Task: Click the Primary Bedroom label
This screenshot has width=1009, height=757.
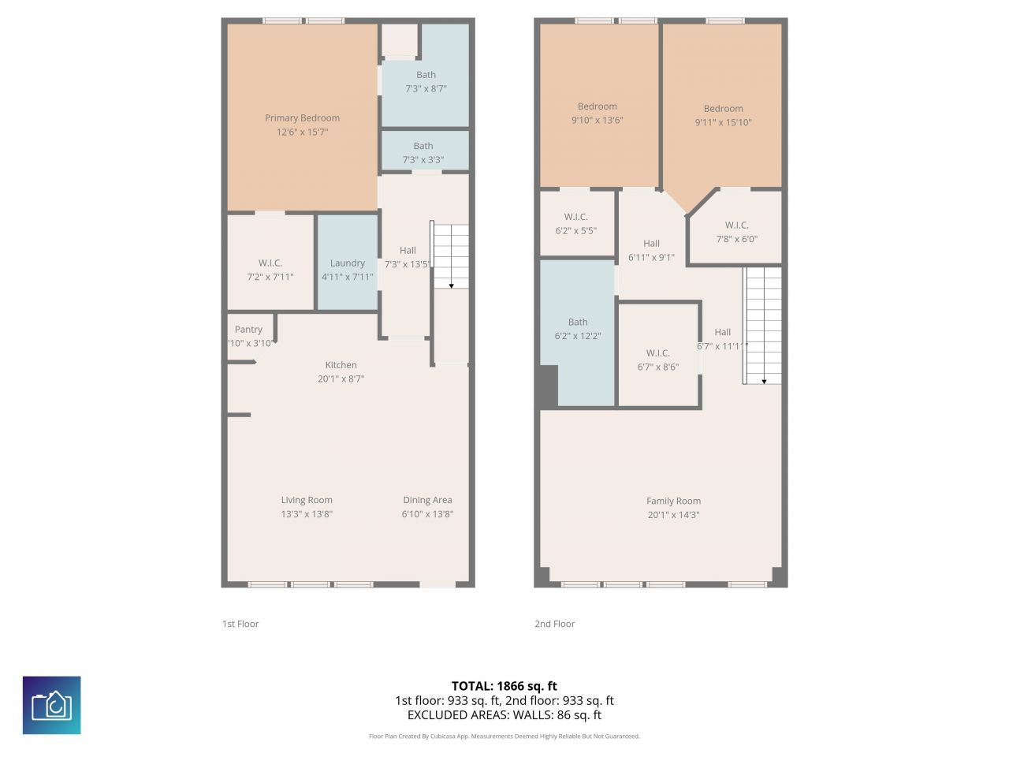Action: point(302,118)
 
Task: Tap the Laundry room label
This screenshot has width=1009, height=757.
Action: point(347,263)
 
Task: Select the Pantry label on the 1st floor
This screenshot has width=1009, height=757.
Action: point(248,330)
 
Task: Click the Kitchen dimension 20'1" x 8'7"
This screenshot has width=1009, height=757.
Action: point(341,378)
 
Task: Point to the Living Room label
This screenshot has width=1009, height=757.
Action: point(307,500)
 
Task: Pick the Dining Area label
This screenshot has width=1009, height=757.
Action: point(427,500)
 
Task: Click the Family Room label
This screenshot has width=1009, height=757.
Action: point(673,501)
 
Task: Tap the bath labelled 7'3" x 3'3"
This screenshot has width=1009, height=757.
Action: point(423,153)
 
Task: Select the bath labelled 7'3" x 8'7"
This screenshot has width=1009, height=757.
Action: point(426,82)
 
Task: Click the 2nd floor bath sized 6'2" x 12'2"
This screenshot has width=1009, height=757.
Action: point(578,329)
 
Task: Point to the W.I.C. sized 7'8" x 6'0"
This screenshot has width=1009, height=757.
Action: point(736,232)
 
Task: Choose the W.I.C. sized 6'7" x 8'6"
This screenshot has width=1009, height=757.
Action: point(657,360)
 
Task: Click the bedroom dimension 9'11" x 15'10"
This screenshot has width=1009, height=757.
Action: point(723,122)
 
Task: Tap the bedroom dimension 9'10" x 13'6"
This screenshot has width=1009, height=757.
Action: point(597,120)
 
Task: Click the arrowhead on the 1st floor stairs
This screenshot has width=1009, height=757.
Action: point(452,285)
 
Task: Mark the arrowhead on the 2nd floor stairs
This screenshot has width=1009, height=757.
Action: point(763,381)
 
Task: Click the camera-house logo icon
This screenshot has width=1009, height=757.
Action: point(51,705)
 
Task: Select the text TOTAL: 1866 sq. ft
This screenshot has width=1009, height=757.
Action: point(504,686)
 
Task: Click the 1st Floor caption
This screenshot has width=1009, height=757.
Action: point(240,624)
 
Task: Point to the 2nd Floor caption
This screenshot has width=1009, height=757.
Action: point(554,624)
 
